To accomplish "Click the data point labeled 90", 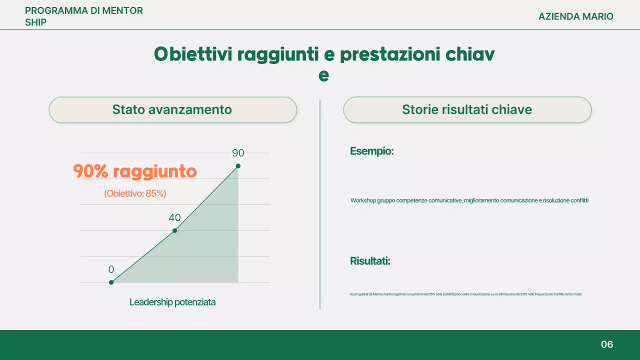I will tap(238, 166).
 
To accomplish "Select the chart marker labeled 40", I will tap(174, 230).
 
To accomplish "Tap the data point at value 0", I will tap(111, 282).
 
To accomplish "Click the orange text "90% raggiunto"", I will tap(135, 171).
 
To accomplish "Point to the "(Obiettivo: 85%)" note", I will tap(135, 193).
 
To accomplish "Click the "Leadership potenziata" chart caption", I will tap(172, 302).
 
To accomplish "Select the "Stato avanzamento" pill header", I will tap(172, 110).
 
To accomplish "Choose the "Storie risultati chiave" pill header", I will tap(467, 110).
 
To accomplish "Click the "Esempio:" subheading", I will tap(371, 151).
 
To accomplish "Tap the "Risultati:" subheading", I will tap(370, 261).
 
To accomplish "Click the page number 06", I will tap(607, 344).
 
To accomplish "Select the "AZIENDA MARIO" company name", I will tap(575, 16).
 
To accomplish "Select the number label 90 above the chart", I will tap(238, 153).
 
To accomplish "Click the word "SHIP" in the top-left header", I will tap(35, 22).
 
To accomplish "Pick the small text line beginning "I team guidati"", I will tap(466, 294).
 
